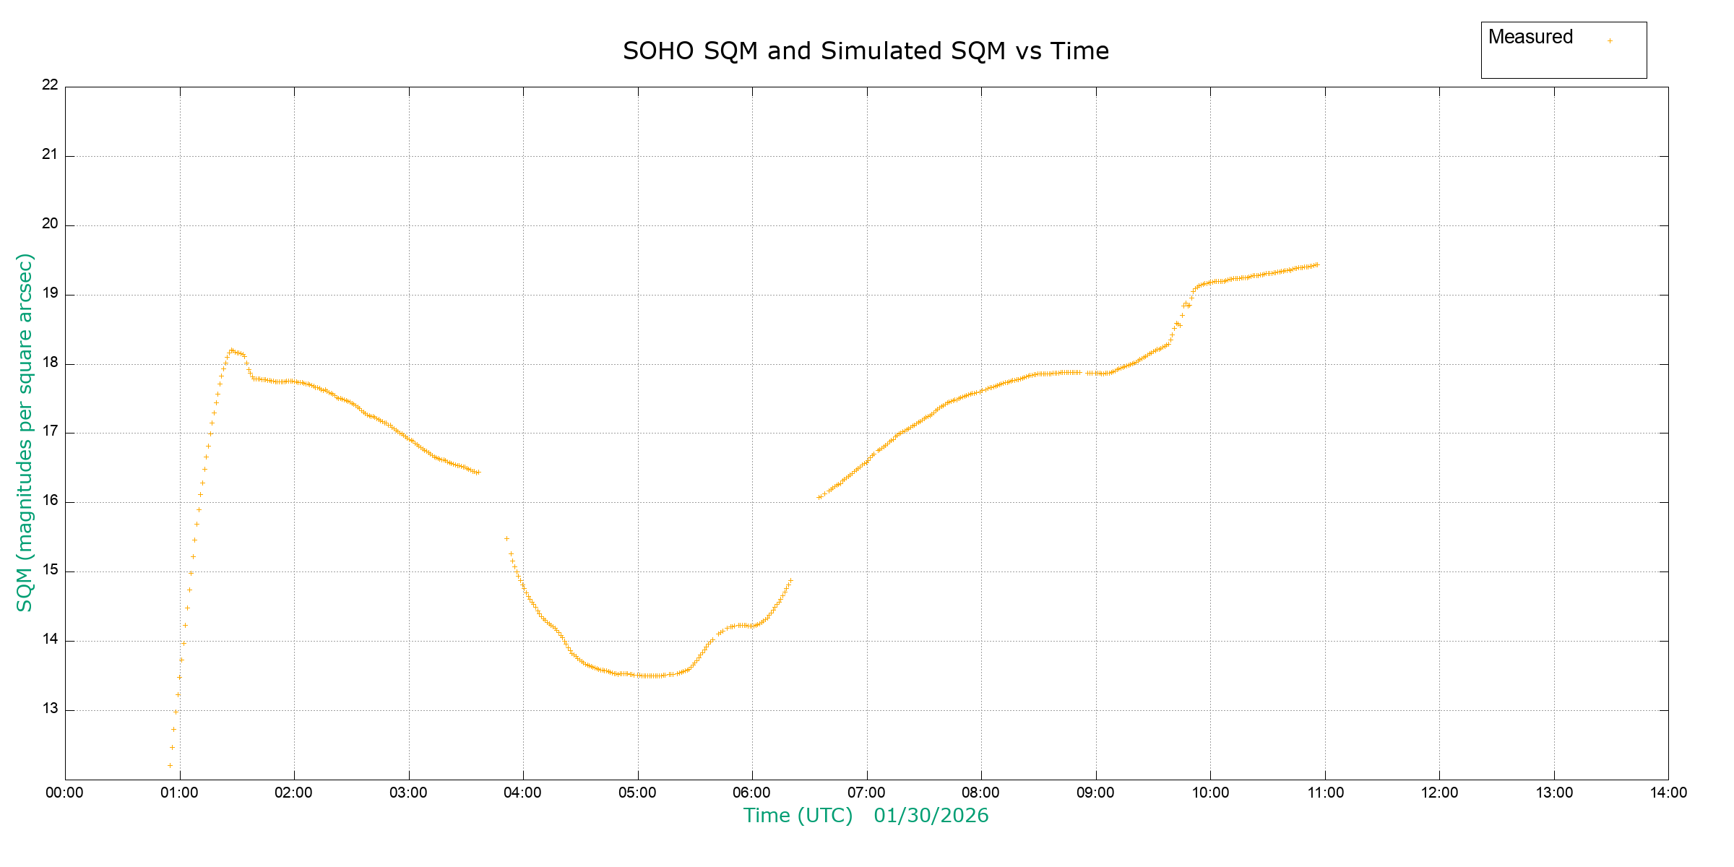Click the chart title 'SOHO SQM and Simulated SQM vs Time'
tap(866, 51)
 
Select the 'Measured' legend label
tap(1530, 37)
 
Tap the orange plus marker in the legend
tap(1610, 40)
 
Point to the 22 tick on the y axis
tap(50, 85)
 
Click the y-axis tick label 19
tap(50, 293)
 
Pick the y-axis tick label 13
tap(50, 708)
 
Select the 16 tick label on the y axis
tap(50, 500)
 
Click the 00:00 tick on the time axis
tap(65, 793)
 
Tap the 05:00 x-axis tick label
tap(637, 793)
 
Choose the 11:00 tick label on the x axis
tap(1325, 793)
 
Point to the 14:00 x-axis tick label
tap(1668, 793)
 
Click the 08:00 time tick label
tap(980, 793)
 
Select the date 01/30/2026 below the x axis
tap(931, 816)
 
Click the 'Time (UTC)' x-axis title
tap(798, 816)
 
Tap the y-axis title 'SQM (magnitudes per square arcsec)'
tap(25, 432)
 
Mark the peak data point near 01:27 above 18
tap(231, 350)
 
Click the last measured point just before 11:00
tap(1317, 264)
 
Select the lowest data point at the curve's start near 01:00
tap(170, 765)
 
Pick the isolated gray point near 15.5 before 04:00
tap(506, 538)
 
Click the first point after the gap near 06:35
tap(819, 497)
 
